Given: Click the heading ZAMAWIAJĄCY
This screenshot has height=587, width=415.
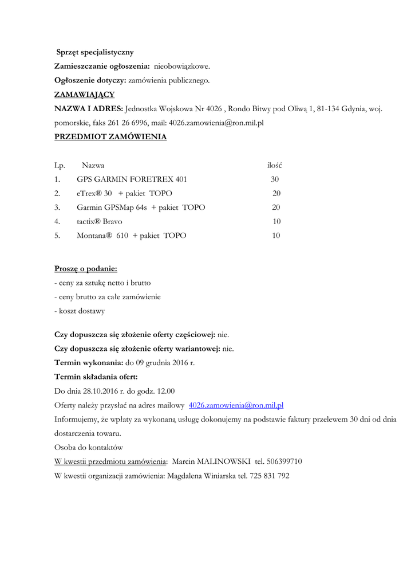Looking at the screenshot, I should click(84, 95).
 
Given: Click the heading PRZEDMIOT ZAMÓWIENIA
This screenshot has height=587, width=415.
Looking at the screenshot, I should click(110, 137).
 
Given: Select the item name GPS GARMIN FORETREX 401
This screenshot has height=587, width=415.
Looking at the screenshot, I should click(132, 179).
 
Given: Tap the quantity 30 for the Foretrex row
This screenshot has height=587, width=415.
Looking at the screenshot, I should click(275, 179).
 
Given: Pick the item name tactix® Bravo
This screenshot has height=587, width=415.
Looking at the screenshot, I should click(99, 221).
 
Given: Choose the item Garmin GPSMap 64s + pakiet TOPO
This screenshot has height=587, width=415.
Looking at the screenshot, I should click(141, 208).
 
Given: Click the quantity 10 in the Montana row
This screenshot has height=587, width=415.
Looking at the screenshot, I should click(276, 236).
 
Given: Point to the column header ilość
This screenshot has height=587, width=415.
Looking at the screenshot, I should click(274, 166).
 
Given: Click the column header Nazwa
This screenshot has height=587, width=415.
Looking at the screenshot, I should click(93, 166).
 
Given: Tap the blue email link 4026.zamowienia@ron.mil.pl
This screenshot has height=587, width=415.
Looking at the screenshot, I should click(236, 405).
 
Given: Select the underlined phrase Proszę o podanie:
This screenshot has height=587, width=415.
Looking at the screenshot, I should click(86, 269).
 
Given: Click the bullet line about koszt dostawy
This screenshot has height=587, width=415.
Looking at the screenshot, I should click(80, 311).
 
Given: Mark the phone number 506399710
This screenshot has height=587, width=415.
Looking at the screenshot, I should click(284, 461).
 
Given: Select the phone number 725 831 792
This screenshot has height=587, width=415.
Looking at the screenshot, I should click(269, 476).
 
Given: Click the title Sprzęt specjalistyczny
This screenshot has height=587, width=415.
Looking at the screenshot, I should click(95, 52).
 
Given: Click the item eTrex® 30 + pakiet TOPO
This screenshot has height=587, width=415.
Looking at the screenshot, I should click(124, 194).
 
